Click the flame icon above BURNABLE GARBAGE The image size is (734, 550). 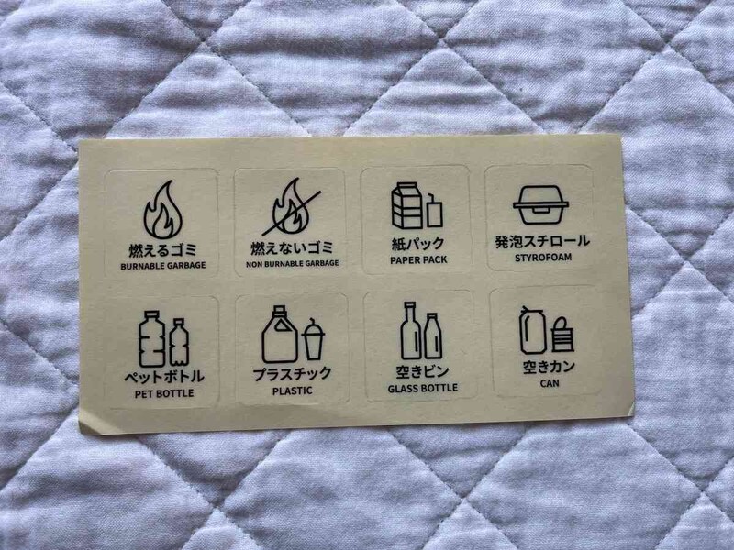pyautogui.click(x=162, y=211)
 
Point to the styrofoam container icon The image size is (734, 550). pyautogui.click(x=541, y=204)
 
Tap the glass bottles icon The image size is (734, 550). pyautogui.click(x=421, y=331)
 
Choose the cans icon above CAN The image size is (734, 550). pyautogui.click(x=546, y=329)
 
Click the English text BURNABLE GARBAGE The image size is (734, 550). pyautogui.click(x=162, y=266)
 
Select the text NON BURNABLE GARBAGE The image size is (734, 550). pyautogui.click(x=292, y=263)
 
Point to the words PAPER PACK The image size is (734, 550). pyautogui.click(x=417, y=260)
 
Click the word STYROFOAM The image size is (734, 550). pyautogui.click(x=541, y=259)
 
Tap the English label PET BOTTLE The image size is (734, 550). pyautogui.click(x=163, y=394)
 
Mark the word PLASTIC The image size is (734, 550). pyautogui.click(x=292, y=390)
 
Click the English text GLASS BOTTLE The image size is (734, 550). pyautogui.click(x=422, y=388)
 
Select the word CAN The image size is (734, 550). pyautogui.click(x=545, y=384)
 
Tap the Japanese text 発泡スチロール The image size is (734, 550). pyautogui.click(x=541, y=243)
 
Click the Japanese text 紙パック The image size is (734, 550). pyautogui.click(x=417, y=244)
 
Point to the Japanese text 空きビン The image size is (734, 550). pyautogui.click(x=422, y=371)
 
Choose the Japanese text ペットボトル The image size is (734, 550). pyautogui.click(x=163, y=377)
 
